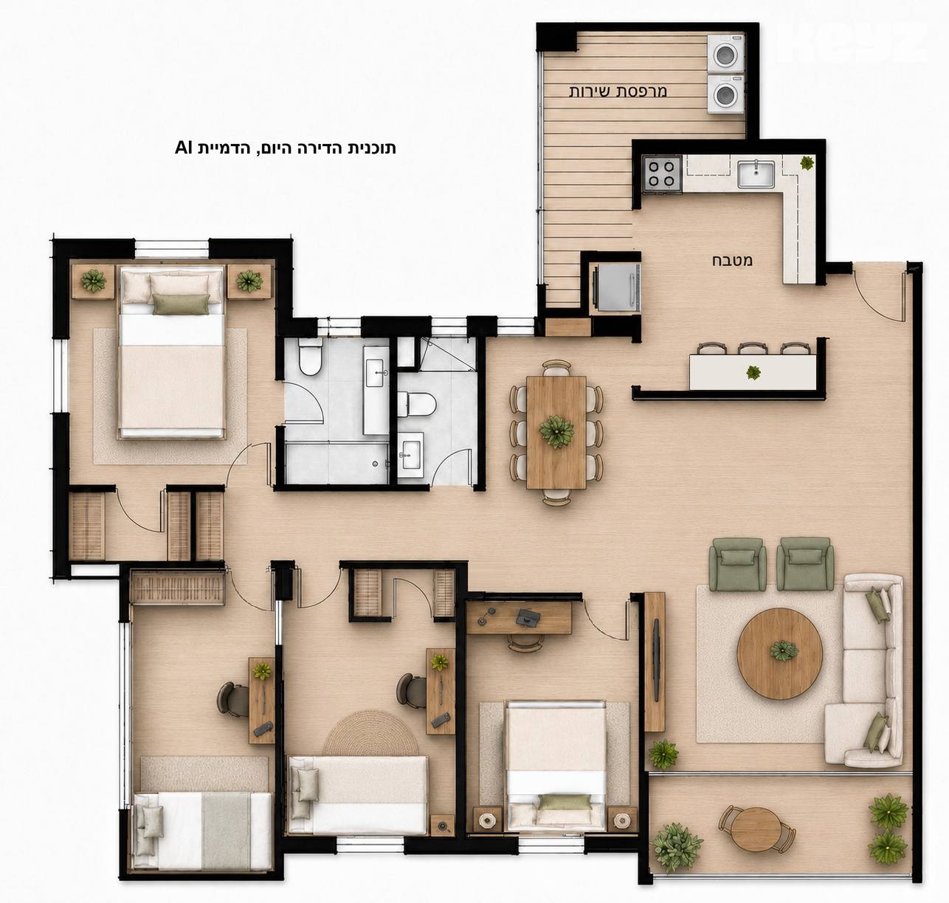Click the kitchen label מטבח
tap(732, 261)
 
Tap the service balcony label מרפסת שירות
tap(618, 91)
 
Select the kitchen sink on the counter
tap(756, 174)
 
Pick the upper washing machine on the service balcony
tap(725, 54)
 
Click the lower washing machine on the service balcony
tap(725, 95)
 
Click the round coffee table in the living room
tap(779, 653)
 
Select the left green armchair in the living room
tap(737, 564)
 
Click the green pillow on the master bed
tap(181, 304)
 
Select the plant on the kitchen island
tap(753, 373)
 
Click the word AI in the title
tap(184, 148)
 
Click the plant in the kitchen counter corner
tap(806, 163)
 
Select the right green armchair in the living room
tap(805, 564)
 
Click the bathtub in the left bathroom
tap(337, 464)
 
